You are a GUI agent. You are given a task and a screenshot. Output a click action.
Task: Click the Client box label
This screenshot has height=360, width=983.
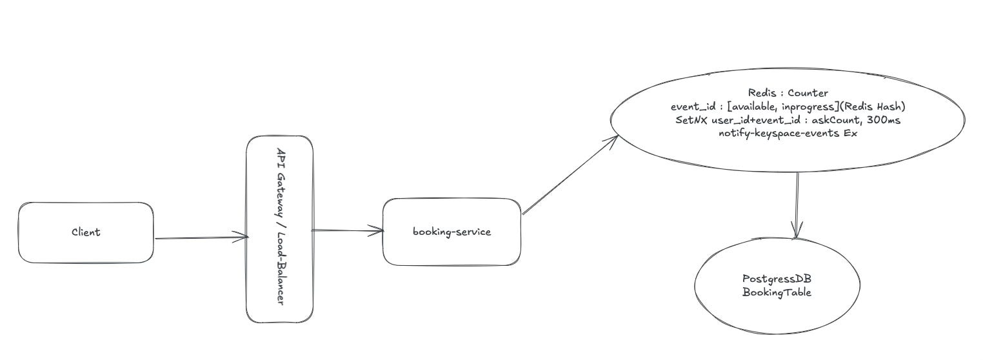pyautogui.click(x=86, y=232)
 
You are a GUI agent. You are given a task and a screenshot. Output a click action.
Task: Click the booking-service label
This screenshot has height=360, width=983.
pyautogui.click(x=452, y=232)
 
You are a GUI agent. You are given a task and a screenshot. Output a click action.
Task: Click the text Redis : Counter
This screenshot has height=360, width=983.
pyautogui.click(x=788, y=94)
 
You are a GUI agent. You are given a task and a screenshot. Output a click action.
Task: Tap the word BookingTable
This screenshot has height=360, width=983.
pyautogui.click(x=776, y=292)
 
